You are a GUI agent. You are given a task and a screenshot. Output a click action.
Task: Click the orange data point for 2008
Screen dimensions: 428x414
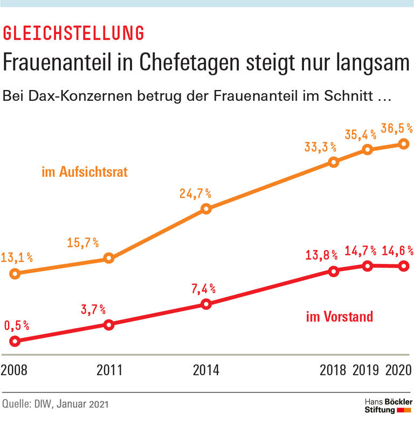[x=15, y=273]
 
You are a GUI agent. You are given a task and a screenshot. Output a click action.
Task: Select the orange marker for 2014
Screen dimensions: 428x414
[x=205, y=209]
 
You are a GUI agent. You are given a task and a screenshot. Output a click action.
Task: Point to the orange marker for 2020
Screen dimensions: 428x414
[x=403, y=143]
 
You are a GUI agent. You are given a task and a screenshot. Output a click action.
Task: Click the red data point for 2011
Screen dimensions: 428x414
[x=109, y=325]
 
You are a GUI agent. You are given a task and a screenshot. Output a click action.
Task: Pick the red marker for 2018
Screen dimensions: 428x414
[x=334, y=271]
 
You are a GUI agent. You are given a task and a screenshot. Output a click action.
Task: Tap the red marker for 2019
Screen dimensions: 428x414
[x=368, y=265]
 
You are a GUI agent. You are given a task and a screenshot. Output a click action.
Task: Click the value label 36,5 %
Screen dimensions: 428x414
[x=396, y=128]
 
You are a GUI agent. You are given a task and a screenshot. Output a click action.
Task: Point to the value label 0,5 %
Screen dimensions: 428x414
[x=17, y=326]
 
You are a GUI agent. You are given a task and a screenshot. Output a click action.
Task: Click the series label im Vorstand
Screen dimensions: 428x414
[x=339, y=316]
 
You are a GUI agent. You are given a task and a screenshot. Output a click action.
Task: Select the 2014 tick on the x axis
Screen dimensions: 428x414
[x=205, y=370]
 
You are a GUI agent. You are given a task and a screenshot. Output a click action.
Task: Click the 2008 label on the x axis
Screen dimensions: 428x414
[x=15, y=370]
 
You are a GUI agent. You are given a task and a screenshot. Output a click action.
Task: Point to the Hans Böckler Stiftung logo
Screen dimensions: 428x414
[x=389, y=406]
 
